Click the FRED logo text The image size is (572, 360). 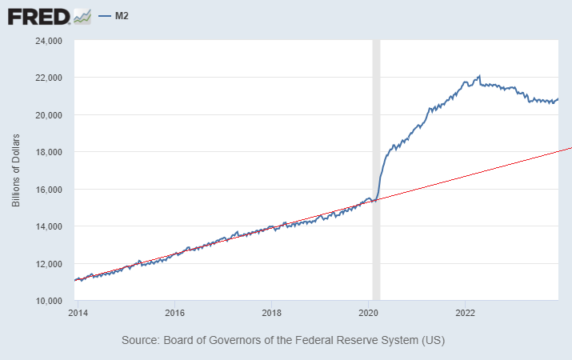pyautogui.click(x=38, y=15)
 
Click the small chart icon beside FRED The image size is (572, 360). pyautogui.click(x=82, y=15)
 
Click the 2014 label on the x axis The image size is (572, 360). pyautogui.click(x=78, y=313)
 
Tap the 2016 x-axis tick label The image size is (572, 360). pyautogui.click(x=175, y=313)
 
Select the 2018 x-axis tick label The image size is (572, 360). pyautogui.click(x=272, y=313)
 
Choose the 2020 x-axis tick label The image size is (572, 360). pyautogui.click(x=369, y=313)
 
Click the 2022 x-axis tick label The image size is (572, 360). pyautogui.click(x=466, y=313)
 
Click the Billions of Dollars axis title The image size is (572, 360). pyautogui.click(x=15, y=170)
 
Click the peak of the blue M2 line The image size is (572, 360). pyautogui.click(x=479, y=76)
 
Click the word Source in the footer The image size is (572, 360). pyautogui.click(x=140, y=341)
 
